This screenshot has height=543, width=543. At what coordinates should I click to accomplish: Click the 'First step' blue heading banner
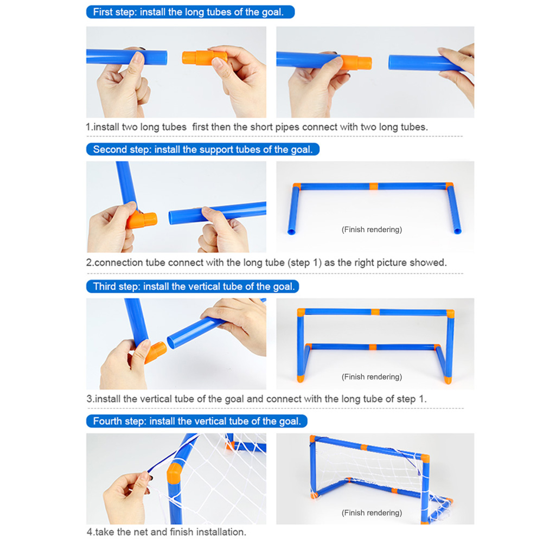[190, 12]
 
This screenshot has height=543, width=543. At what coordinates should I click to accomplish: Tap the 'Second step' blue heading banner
[202, 149]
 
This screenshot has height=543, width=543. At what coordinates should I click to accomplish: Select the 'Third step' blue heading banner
[192, 286]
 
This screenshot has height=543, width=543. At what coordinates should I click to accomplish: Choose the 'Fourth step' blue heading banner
[197, 421]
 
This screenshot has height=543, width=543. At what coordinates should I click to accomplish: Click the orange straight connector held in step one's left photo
[205, 58]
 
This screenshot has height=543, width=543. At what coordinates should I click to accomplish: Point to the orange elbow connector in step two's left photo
[141, 220]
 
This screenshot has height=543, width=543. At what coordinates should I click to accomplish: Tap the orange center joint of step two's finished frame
[374, 186]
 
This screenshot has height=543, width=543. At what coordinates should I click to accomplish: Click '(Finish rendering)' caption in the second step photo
[372, 229]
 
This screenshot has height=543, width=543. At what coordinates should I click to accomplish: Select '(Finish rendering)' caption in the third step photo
[372, 377]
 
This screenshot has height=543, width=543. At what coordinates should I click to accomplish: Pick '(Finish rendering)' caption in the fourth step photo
[372, 513]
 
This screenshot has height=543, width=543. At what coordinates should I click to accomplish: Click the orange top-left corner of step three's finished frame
[301, 312]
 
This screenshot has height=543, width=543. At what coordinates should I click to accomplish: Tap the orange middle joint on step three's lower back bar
[373, 347]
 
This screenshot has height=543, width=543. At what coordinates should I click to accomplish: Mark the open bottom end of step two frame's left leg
[292, 232]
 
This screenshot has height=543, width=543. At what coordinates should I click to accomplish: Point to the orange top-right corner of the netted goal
[425, 458]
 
